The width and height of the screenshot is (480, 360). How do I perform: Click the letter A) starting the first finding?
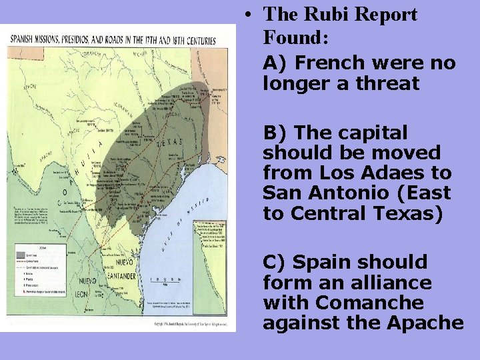[x=275, y=63]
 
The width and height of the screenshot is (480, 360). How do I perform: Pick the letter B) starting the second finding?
[x=275, y=133]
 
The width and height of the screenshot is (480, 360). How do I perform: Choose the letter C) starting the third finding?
[x=275, y=262]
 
